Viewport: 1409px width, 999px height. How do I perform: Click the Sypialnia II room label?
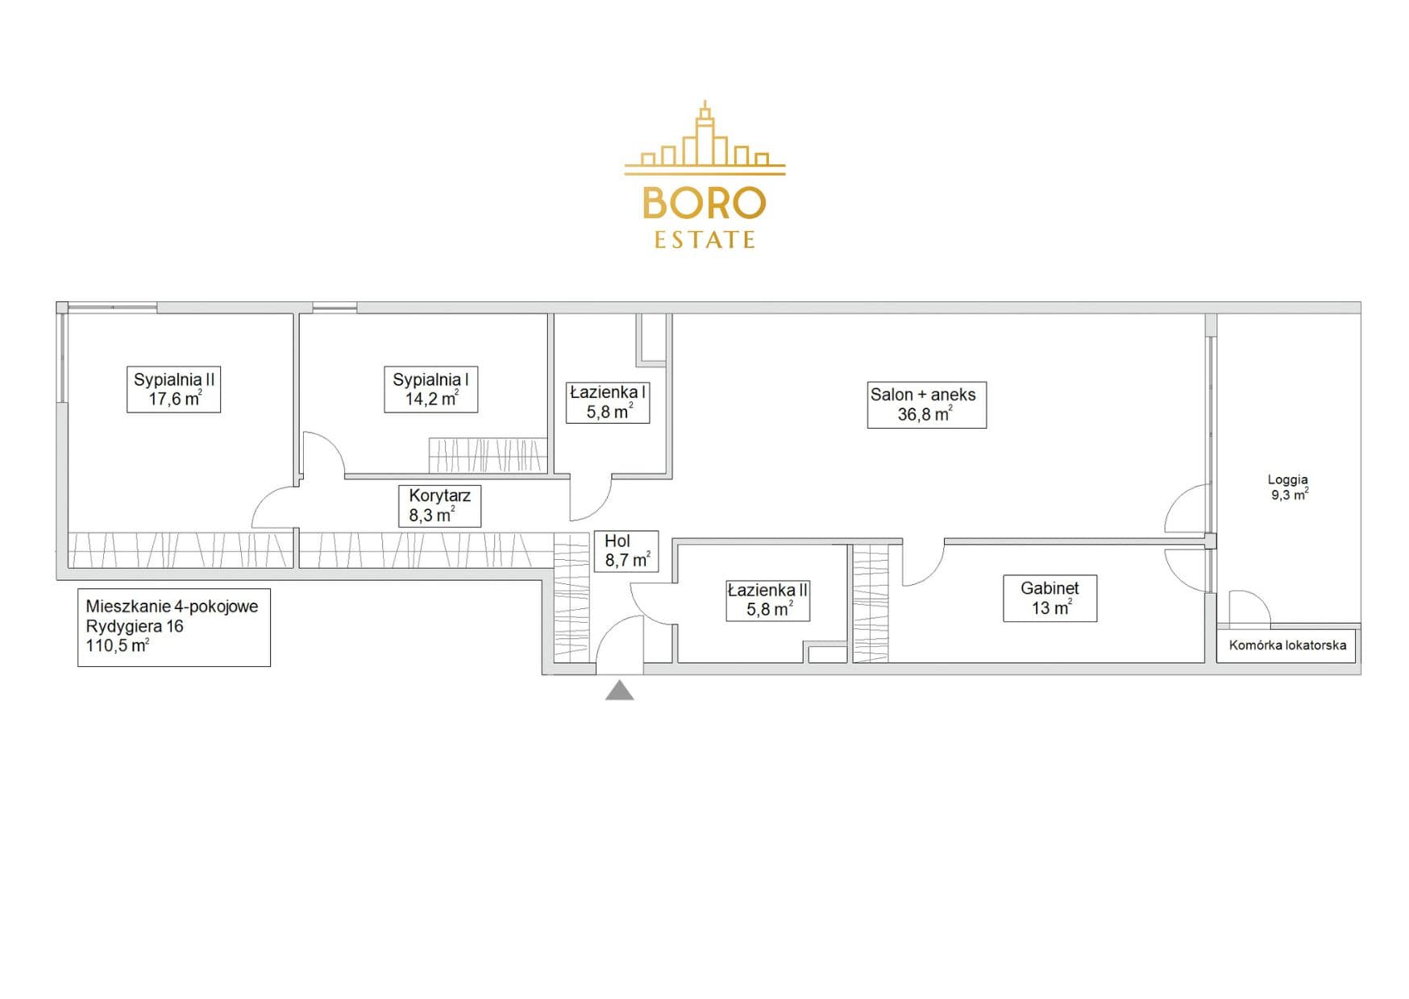tap(173, 389)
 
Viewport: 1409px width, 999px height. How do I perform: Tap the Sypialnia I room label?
tap(430, 389)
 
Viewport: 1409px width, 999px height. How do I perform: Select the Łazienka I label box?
tap(607, 402)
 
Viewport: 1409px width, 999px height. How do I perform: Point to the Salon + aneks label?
tap(926, 404)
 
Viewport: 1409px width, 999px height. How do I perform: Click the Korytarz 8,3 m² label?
tap(439, 505)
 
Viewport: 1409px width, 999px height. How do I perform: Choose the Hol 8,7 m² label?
tap(626, 551)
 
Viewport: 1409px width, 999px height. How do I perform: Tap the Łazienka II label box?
tap(767, 599)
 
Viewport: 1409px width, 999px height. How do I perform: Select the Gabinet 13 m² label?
tap(1049, 598)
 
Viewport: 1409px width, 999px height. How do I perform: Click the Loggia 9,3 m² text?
tap(1288, 487)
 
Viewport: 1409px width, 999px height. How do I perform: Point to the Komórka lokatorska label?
tap(1287, 645)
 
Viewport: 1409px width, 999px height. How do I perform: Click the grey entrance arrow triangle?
tap(619, 690)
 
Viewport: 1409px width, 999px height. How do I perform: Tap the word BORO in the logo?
tap(704, 203)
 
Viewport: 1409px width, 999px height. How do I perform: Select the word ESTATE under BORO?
tap(704, 240)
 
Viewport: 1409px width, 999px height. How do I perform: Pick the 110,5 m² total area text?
tap(118, 645)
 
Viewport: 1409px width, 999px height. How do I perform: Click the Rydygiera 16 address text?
tap(135, 626)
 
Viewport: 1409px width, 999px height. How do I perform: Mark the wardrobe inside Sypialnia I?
tap(488, 455)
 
